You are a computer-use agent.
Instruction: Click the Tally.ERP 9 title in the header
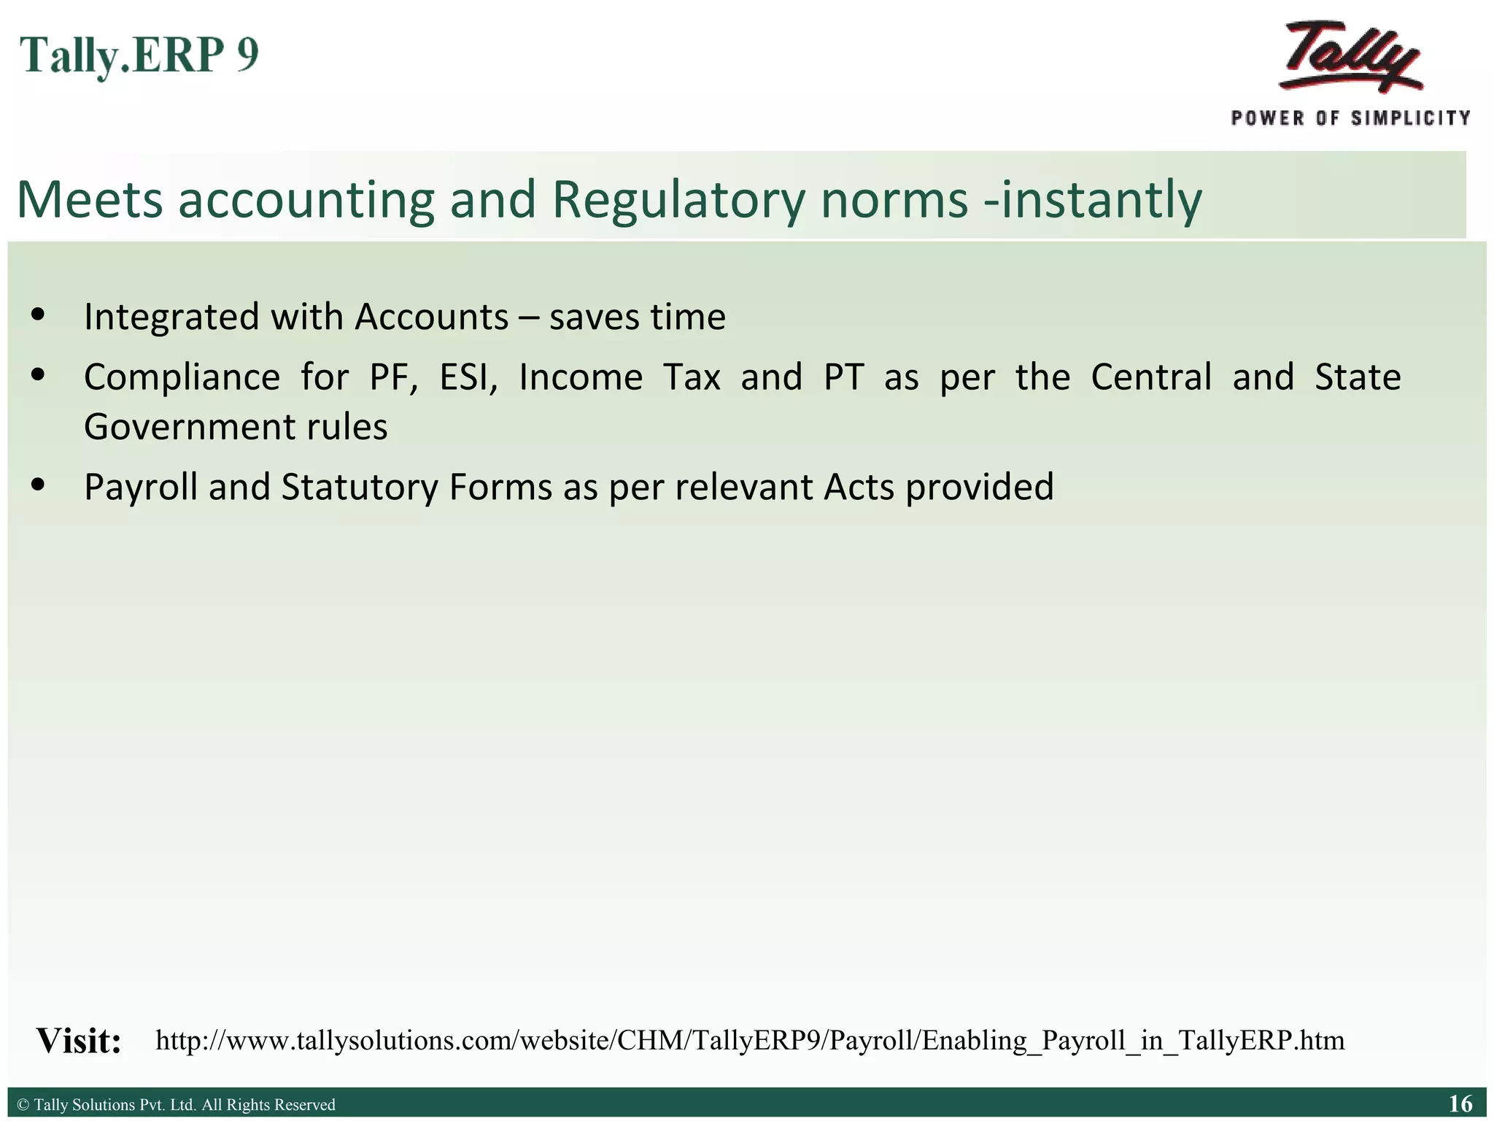[139, 55]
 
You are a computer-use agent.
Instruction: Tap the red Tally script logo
[1350, 57]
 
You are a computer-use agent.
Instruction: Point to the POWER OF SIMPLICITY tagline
[1350, 118]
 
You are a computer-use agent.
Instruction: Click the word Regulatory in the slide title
[678, 200]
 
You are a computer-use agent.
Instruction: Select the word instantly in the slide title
[1102, 200]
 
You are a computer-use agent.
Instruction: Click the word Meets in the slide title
[89, 200]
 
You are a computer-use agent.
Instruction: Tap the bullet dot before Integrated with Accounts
[39, 315]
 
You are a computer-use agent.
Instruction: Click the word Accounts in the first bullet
[432, 317]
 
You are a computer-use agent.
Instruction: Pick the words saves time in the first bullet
[638, 317]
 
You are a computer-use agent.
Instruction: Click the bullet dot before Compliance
[39, 376]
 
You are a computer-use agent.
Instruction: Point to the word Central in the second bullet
[1151, 378]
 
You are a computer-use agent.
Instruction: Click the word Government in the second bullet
[185, 428]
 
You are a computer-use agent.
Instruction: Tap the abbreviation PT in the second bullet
[844, 378]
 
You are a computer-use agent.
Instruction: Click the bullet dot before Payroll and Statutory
[39, 485]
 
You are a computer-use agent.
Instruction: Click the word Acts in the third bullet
[859, 488]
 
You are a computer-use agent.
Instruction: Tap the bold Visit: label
[79, 1041]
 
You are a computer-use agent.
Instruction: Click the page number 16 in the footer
[1460, 1103]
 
